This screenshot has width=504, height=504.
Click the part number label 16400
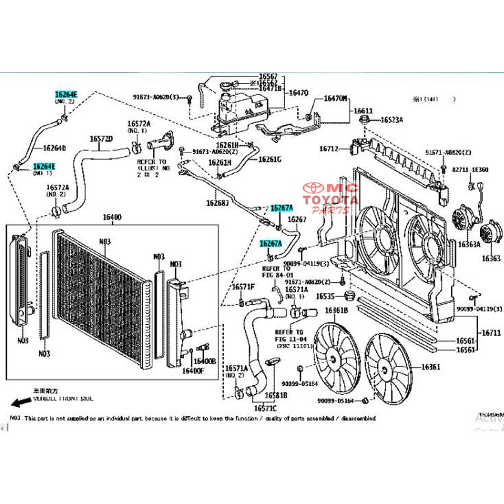[x=112, y=217]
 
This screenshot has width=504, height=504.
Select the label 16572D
[x=101, y=138]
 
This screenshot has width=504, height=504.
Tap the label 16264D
[x=55, y=148]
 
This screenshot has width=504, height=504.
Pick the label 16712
[x=329, y=149]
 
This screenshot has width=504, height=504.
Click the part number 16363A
[x=469, y=244]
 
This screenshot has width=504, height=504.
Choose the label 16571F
[x=244, y=287]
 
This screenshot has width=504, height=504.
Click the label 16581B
[x=276, y=395]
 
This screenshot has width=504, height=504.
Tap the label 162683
[x=217, y=203]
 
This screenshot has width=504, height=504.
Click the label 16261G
[x=270, y=159]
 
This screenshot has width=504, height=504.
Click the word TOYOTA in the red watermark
[x=331, y=199]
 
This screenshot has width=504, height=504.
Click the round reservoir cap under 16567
[x=227, y=86]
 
